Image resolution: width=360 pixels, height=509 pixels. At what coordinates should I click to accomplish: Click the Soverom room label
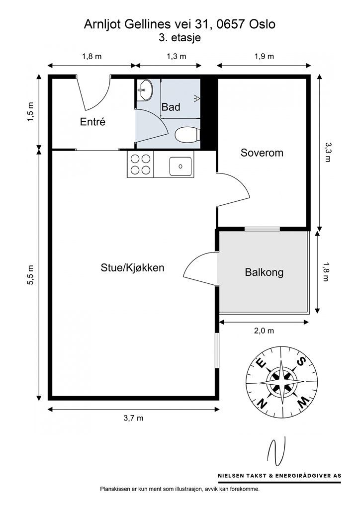pos(262,153)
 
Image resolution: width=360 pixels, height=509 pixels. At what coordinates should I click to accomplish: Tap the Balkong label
pos(264,272)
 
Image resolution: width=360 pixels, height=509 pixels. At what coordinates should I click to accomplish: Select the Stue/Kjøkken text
pos(132,268)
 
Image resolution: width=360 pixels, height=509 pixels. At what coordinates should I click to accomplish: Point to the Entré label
pos(92,122)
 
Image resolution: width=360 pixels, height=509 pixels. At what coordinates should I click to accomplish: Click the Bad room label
pos(171,107)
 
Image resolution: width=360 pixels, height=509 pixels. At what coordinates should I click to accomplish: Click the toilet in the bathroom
pos(187,134)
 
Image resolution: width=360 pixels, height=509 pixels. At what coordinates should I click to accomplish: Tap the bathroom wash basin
pos(145,89)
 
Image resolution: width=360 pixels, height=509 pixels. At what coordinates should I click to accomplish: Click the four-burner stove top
pos(140,164)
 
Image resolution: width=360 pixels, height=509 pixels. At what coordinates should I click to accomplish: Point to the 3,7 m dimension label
pos(133,418)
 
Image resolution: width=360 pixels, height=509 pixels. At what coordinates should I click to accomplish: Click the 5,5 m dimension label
pos(30,275)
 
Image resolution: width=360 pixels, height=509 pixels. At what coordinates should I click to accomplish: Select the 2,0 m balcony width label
pos(264,331)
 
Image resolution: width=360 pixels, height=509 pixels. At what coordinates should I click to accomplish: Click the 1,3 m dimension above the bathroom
pos(176,56)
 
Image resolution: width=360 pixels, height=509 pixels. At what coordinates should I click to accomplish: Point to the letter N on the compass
pos(262,403)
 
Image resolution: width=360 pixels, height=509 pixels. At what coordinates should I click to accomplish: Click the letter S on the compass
pos(302,361)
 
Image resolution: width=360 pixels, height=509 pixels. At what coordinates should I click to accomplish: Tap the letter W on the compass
pos(303,403)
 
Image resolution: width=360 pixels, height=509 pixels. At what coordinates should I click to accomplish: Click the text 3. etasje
pos(180,38)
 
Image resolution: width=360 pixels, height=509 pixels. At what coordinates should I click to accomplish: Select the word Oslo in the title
pos(262,24)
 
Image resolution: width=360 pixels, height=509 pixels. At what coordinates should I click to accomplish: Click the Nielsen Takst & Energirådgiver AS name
pos(279,476)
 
